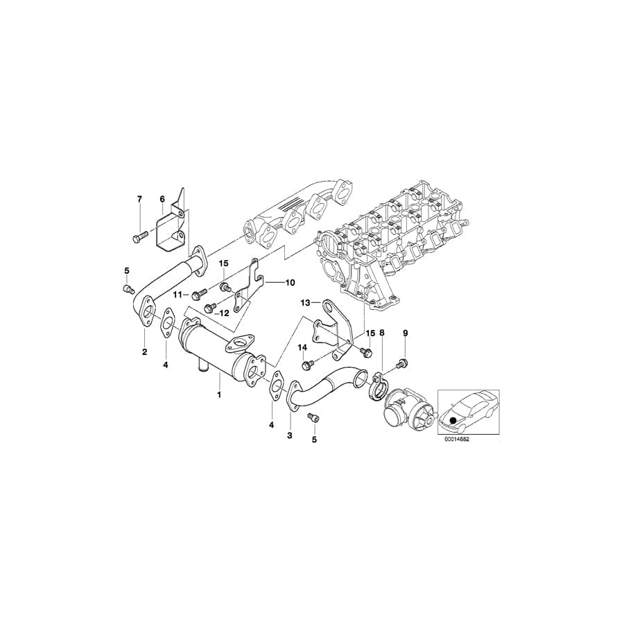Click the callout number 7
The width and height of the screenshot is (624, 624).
[139, 199]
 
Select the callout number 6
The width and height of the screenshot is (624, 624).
[162, 199]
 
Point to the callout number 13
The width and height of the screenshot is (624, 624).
[305, 303]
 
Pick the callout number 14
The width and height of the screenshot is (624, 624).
[302, 347]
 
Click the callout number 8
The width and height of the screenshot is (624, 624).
[382, 333]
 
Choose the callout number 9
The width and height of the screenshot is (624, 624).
[406, 333]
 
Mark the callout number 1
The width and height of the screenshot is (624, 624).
[219, 395]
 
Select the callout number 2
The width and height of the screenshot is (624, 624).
[145, 352]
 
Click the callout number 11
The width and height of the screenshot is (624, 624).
[177, 295]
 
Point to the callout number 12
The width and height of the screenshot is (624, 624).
[224, 313]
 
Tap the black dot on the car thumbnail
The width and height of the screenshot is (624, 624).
[454, 420]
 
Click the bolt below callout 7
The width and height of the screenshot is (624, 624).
[137, 237]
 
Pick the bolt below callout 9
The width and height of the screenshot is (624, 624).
[401, 363]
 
